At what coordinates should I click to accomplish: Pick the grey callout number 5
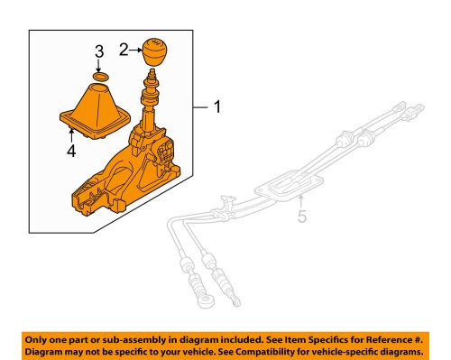[304, 217]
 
